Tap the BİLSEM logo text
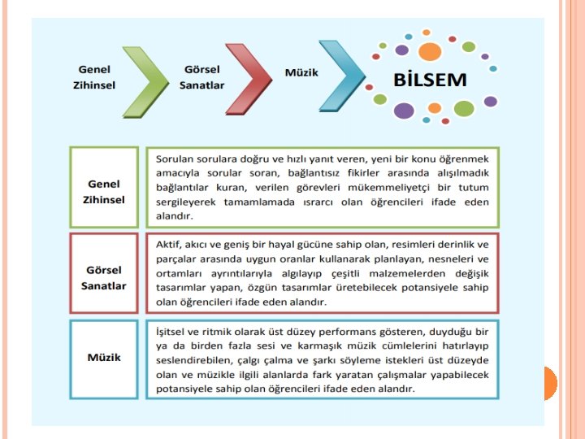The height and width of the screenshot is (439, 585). (430, 80)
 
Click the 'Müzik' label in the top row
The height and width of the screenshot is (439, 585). (301, 72)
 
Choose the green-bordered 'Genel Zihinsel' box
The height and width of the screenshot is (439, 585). (104, 187)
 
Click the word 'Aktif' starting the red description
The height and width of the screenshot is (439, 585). (169, 244)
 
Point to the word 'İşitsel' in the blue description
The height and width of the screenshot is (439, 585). (173, 332)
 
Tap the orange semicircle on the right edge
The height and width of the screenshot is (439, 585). (549, 382)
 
